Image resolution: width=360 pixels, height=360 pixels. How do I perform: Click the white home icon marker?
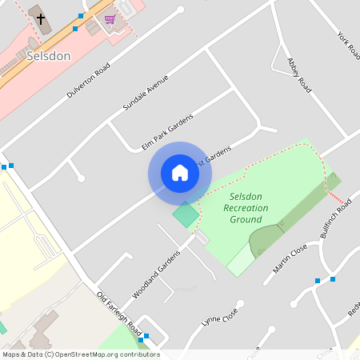(x=180, y=173)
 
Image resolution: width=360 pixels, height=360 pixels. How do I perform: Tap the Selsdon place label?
(x=48, y=57)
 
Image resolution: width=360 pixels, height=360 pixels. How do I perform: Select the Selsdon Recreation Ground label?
(x=246, y=207)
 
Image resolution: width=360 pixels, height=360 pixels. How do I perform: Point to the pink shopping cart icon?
(x=109, y=18)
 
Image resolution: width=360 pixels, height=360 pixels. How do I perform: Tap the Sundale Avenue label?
(x=146, y=95)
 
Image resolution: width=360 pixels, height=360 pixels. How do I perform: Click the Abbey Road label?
(x=298, y=74)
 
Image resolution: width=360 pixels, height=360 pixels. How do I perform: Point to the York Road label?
(x=348, y=46)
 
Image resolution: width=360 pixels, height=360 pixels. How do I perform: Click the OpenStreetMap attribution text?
(x=81, y=354)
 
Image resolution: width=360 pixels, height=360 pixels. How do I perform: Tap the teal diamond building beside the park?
(x=185, y=214)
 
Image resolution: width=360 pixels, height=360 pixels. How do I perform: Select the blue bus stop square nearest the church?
(x=76, y=28)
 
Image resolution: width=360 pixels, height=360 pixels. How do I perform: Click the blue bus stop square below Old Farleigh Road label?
(x=142, y=339)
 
